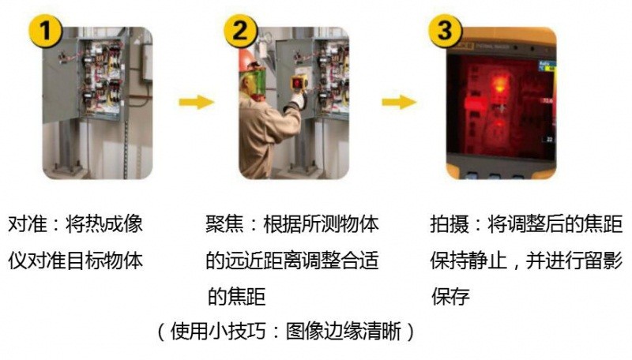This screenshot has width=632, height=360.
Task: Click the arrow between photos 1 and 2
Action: [195, 102]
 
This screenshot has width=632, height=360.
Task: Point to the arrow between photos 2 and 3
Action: [400, 102]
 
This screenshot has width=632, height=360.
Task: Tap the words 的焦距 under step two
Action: [235, 297]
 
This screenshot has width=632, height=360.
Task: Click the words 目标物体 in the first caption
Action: [107, 261]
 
